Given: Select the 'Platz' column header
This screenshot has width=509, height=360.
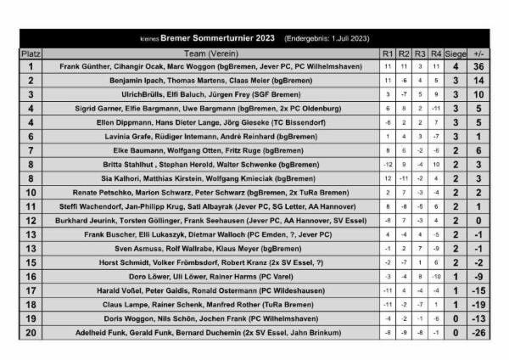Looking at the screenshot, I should click(31, 53).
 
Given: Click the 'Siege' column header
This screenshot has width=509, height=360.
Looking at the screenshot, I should click(456, 53).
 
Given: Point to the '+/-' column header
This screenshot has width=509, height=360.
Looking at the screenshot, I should click(480, 53).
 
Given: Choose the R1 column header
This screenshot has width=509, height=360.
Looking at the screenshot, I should click(388, 53).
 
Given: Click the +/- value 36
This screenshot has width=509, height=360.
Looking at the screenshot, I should click(480, 66).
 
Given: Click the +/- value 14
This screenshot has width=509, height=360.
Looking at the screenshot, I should click(480, 80).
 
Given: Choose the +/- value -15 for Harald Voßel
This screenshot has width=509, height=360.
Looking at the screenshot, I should click(480, 290).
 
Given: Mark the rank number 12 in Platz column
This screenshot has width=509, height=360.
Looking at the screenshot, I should click(31, 220).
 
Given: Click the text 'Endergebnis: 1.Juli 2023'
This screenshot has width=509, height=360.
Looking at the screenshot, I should click(327, 38).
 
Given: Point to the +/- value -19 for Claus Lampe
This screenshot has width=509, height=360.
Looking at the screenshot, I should click(480, 304).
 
